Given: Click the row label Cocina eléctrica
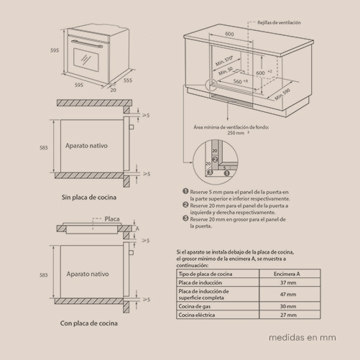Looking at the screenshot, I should click(198, 315).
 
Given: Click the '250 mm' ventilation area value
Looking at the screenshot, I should click(236, 133).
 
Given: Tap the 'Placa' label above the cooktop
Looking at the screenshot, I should click(112, 218).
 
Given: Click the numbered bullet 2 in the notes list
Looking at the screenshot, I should click(185, 205).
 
